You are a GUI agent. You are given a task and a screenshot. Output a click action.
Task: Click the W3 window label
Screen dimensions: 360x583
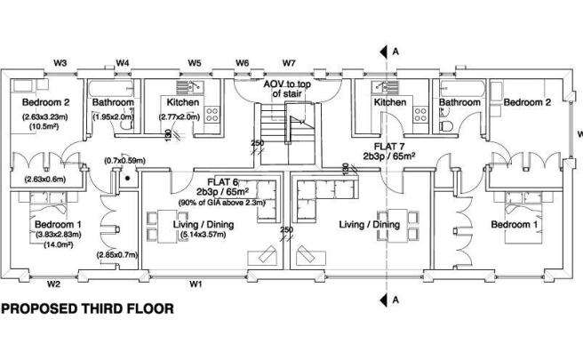point(61,62)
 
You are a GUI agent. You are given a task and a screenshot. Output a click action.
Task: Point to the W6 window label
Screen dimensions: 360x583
point(242,62)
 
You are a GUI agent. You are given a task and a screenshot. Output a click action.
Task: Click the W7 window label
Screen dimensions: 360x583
point(289,62)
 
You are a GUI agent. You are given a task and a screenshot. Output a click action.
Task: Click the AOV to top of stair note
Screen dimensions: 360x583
point(287,88)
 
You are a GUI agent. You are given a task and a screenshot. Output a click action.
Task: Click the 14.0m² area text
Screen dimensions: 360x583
point(45,244)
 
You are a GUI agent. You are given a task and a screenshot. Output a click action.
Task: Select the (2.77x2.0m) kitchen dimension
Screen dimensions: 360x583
point(177,116)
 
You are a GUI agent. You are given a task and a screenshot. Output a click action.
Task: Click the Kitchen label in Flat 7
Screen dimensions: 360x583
point(389,103)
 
